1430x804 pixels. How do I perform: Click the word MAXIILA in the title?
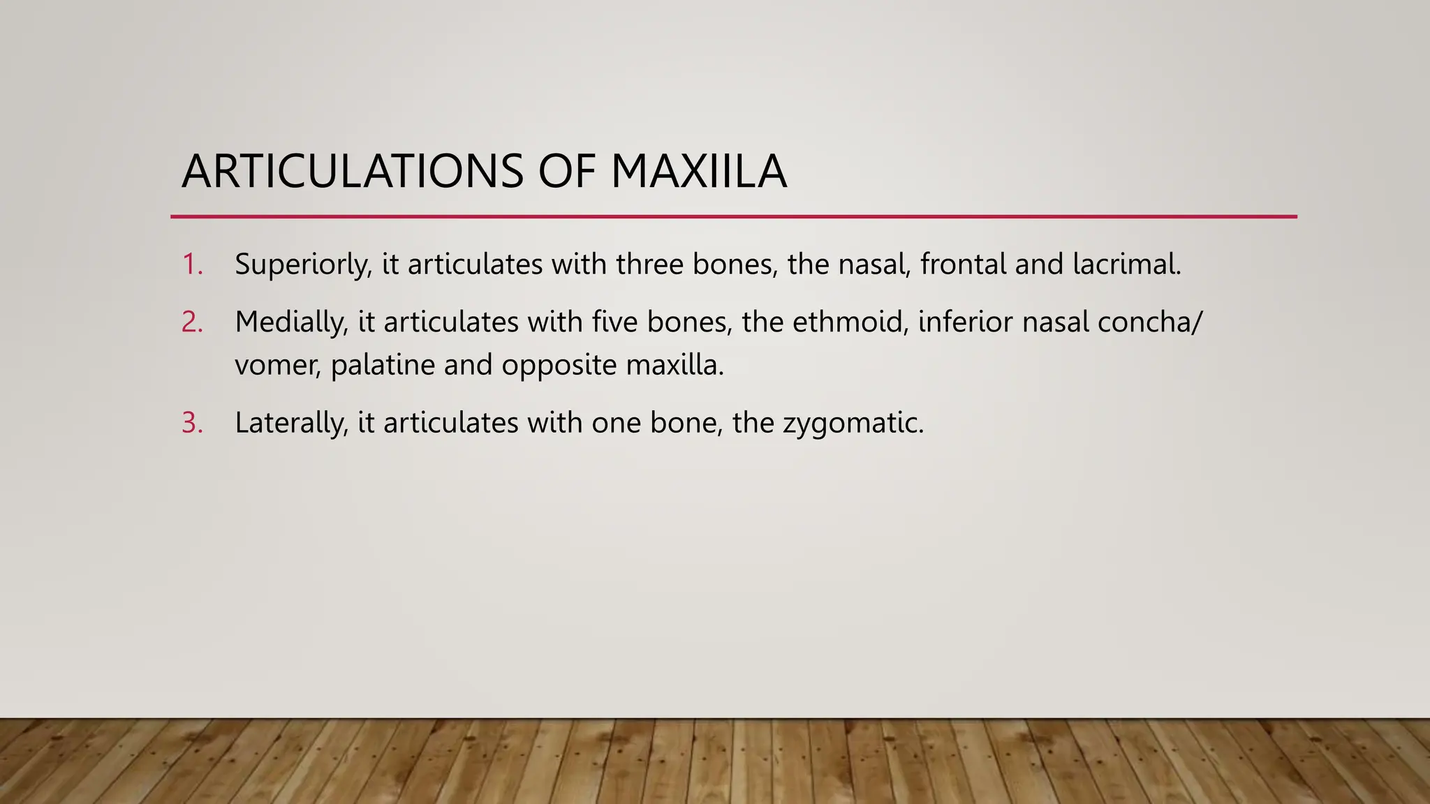tap(698, 172)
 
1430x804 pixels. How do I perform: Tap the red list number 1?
tap(191, 265)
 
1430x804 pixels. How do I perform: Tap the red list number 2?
tap(192, 322)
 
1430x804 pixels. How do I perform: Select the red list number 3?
tap(192, 423)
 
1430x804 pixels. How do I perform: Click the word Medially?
tap(291, 322)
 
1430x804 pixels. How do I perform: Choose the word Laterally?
tap(291, 423)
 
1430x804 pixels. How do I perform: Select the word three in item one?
tap(649, 265)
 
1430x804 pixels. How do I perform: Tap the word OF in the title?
tap(566, 172)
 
